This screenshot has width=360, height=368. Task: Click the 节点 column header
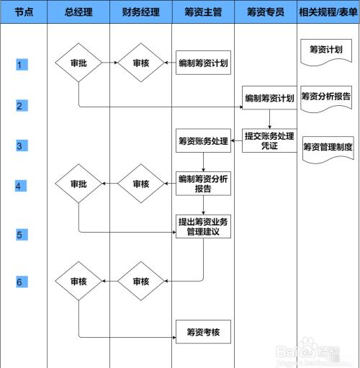point(24,12)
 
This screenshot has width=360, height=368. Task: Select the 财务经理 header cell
point(141,12)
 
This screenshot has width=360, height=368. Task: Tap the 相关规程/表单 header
point(328,12)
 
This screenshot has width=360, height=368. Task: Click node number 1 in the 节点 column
point(22,65)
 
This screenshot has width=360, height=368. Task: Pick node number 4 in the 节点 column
point(21,186)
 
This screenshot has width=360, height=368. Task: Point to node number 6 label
point(22,282)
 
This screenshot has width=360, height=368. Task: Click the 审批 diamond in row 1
point(78,63)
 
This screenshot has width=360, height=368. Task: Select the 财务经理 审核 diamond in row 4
point(141,184)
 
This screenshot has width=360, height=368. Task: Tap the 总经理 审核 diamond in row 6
point(78,281)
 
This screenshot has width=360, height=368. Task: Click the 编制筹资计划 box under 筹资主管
point(203,63)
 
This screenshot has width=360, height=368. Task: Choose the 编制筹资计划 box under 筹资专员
point(269,98)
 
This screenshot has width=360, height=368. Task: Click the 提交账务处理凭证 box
point(269,140)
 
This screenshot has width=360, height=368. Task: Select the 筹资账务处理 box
point(203,140)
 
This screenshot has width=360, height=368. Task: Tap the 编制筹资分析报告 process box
point(203,184)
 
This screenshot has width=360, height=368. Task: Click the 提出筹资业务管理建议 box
point(203,226)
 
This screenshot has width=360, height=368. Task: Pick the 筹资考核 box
point(203,332)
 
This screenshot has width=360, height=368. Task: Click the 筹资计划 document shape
point(326,52)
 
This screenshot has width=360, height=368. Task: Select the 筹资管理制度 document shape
point(328,149)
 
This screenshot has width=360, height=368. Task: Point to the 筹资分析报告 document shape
point(326,99)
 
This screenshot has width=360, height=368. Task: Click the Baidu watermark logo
point(308,351)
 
